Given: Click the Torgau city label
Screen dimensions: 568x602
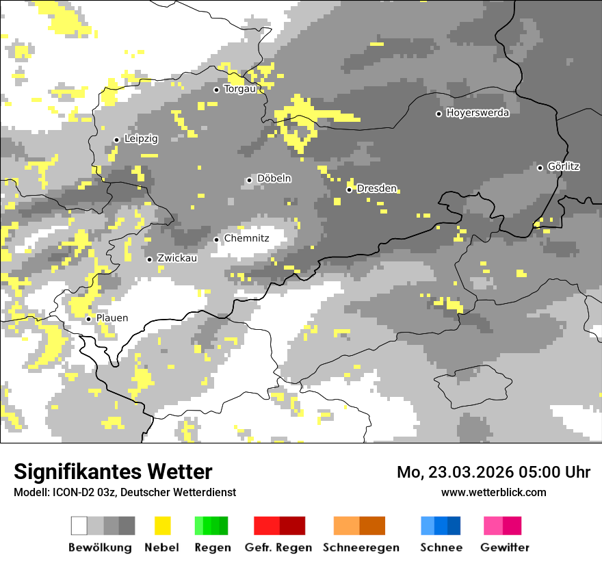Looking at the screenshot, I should click(239, 89).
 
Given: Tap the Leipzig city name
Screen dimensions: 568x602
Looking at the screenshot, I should click(141, 139).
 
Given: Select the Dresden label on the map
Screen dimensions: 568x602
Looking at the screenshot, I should click(377, 188).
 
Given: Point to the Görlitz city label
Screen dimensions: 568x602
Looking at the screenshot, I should click(564, 166).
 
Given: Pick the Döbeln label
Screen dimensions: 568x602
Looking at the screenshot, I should click(274, 179).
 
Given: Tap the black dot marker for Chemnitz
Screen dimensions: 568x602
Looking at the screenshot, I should click(217, 240).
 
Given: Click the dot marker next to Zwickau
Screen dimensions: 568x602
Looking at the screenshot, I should click(149, 259).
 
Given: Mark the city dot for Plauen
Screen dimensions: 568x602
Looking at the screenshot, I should click(88, 319).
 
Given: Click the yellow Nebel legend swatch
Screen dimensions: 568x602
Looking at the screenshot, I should click(162, 526).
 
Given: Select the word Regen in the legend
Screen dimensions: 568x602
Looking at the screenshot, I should click(212, 547).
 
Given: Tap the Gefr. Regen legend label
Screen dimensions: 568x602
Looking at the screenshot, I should click(278, 547).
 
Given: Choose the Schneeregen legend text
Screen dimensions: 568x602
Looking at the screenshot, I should click(361, 547).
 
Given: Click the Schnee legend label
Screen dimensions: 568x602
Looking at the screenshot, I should click(441, 547).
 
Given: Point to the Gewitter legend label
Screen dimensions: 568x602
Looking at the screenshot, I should click(504, 547).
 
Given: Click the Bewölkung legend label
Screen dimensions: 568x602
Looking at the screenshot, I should click(100, 547).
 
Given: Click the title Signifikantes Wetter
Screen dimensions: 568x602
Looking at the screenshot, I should click(113, 472).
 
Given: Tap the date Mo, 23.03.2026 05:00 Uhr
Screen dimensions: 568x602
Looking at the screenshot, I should click(493, 472).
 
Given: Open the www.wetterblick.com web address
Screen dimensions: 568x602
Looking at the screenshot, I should click(493, 492).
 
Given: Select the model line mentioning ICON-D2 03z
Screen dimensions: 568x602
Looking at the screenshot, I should click(125, 492).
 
